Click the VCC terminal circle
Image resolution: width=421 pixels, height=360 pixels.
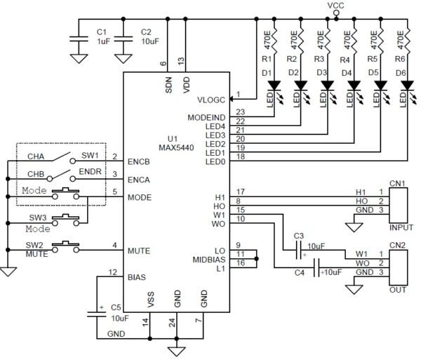tap(336, 13)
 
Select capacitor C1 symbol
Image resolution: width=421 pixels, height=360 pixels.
tap(79, 39)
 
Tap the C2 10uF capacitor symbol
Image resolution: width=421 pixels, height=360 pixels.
tap(123, 39)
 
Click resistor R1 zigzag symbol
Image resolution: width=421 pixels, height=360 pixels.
tap(274, 40)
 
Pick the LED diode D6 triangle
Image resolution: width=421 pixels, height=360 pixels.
tap(407, 86)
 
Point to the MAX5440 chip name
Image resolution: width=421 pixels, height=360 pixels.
tap(176, 148)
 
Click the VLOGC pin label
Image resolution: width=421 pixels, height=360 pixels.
tap(211, 100)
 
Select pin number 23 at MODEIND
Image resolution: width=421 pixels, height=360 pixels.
tap(240, 112)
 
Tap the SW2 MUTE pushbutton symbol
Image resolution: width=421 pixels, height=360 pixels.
tap(65, 247)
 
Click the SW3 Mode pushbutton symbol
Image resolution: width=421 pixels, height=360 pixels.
tap(65, 220)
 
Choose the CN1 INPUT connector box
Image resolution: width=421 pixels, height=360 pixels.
tap(399, 205)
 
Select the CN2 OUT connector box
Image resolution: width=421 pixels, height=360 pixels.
tap(399, 267)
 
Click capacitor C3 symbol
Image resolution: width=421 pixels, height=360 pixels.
tap(298, 251)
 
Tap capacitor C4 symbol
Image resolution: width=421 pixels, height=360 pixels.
tap(316, 267)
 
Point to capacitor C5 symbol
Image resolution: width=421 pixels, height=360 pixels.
tap(96, 314)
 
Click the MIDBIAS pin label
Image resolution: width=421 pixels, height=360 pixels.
tap(209, 260)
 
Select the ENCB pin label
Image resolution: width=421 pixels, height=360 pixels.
tap(138, 161)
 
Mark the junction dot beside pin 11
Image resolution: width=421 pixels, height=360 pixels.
tap(256, 259)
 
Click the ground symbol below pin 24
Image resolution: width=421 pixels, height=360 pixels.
tap(176, 351)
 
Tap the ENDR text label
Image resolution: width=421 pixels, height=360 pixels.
tap(91, 171)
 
